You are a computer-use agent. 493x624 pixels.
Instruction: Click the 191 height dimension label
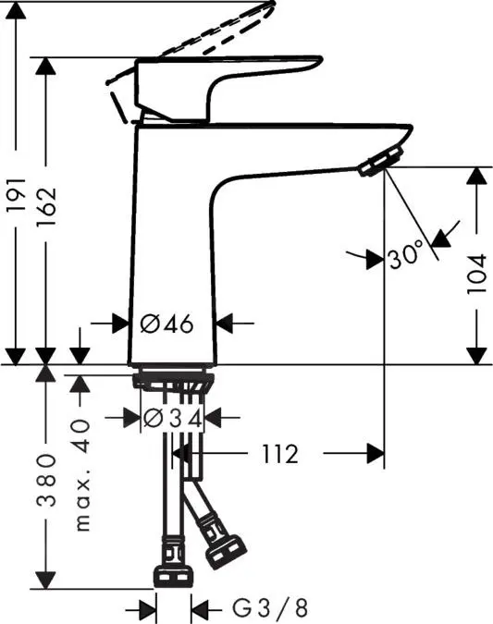pyautogui.click(x=17, y=194)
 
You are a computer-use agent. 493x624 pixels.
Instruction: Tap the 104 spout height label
pyautogui.click(x=476, y=274)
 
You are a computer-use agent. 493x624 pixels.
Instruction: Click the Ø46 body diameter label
pyautogui.click(x=166, y=324)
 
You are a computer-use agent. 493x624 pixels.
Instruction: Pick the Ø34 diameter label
pyautogui.click(x=172, y=418)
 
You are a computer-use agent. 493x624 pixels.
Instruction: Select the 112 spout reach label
pyautogui.click(x=280, y=454)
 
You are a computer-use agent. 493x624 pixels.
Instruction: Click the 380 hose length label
pyautogui.click(x=46, y=480)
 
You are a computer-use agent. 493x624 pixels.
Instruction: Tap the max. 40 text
pyautogui.click(x=82, y=475)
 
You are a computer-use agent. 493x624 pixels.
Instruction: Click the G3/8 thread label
pyautogui.click(x=270, y=608)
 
